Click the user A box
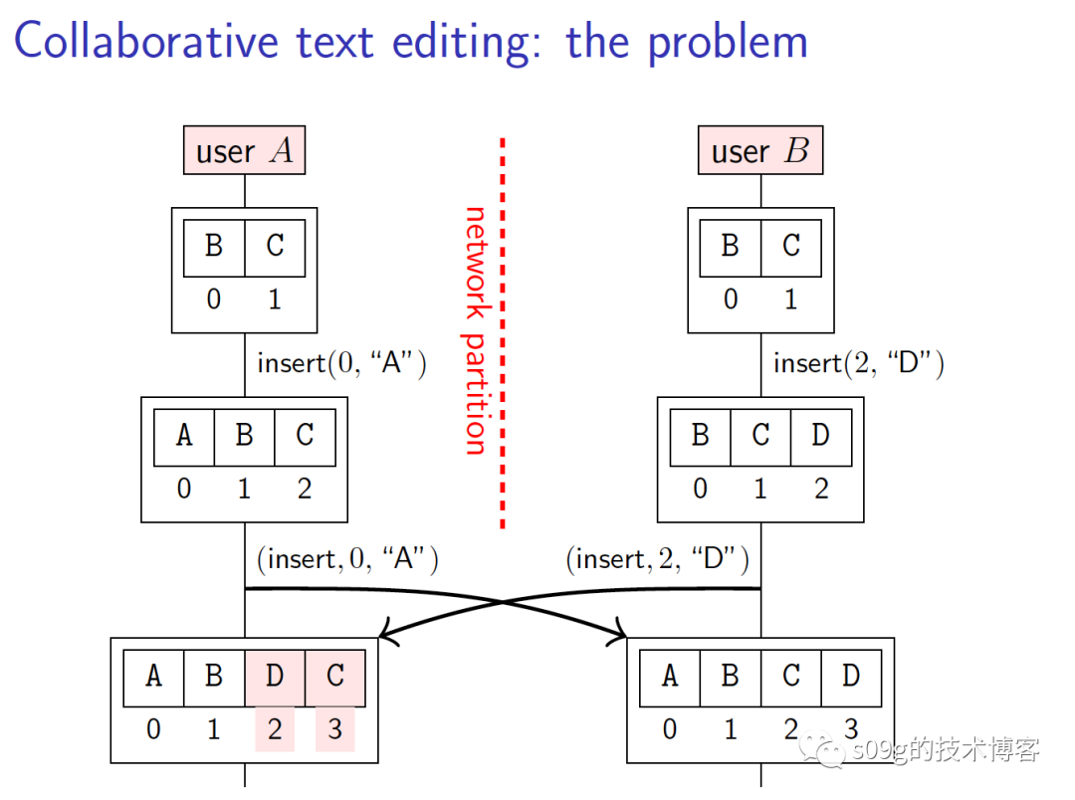pos(244,151)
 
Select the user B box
pos(759,151)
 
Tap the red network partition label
pos(476,330)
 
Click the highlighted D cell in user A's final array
pos(275,677)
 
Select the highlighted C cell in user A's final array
pos(335,677)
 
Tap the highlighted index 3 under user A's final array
pos(335,729)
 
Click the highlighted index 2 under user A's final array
pos(275,729)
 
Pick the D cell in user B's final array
pos(851,677)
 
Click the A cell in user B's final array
pos(669,677)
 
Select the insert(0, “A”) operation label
pos(341,363)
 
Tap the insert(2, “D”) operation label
pos(858,363)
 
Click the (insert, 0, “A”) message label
pos(347,559)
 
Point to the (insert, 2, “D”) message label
pos(657,559)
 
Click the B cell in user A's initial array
pos(214,246)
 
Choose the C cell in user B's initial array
pos(791,246)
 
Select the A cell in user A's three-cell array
pos(184,436)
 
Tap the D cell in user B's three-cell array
pos(821,436)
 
